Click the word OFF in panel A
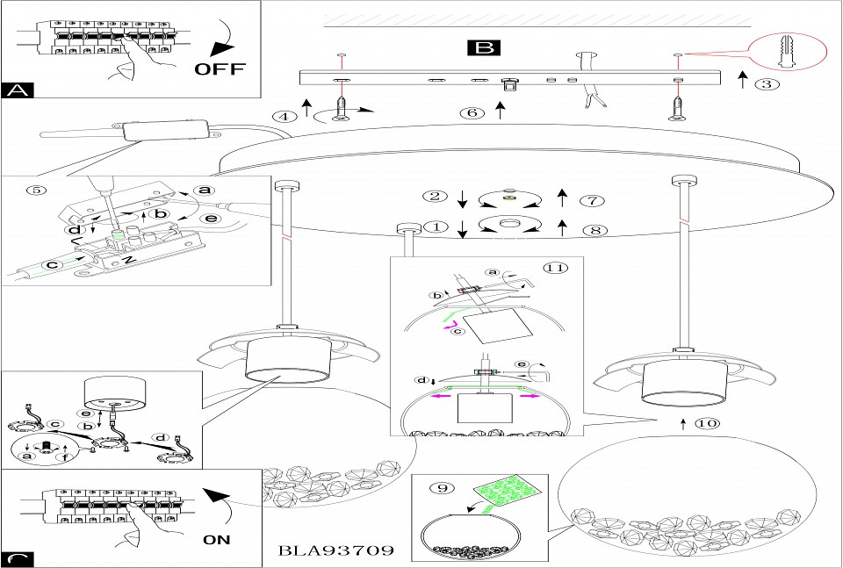tap(220, 68)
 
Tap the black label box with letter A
tap(17, 90)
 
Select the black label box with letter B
tap(485, 47)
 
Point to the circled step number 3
tap(767, 84)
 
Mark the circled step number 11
tap(551, 268)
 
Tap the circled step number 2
tap(431, 196)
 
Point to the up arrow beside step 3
tap(742, 82)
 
